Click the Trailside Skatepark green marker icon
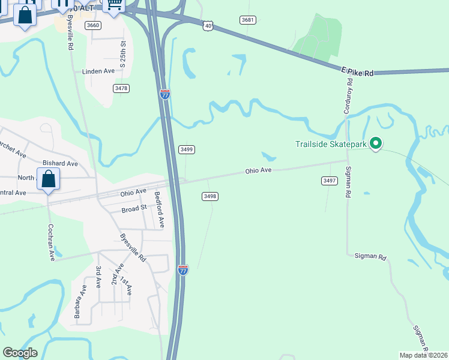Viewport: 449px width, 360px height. coord(376,143)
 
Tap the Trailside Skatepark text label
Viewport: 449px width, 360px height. coord(331,144)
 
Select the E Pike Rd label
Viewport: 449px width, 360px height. coord(357,72)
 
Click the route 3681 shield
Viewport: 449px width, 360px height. coord(248,20)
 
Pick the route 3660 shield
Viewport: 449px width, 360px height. coord(93,25)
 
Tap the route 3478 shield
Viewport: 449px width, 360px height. coord(121,88)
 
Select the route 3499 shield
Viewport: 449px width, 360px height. coord(187,149)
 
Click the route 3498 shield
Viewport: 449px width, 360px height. coord(209,196)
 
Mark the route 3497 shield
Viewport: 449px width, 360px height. coord(329,181)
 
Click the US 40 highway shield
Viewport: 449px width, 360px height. coord(208,25)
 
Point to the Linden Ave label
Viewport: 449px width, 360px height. coord(98,71)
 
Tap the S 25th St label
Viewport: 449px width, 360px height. coord(124,53)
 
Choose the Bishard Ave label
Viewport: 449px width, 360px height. coord(60,163)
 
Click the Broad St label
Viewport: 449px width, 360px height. coord(134,209)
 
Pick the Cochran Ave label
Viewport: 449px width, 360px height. coord(50,242)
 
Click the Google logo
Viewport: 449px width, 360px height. coord(20,353)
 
